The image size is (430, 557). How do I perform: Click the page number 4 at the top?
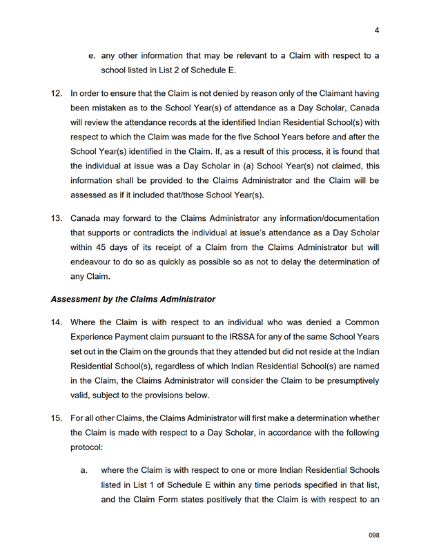[x=377, y=30]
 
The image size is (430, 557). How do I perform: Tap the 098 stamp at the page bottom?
[x=374, y=535]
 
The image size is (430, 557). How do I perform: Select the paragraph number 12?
[x=57, y=93]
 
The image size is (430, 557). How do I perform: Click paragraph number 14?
[x=57, y=322]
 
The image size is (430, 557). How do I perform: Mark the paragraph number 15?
[x=57, y=418]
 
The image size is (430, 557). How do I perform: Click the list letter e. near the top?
[x=91, y=55]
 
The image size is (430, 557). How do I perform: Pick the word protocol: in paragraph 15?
[x=86, y=448]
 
